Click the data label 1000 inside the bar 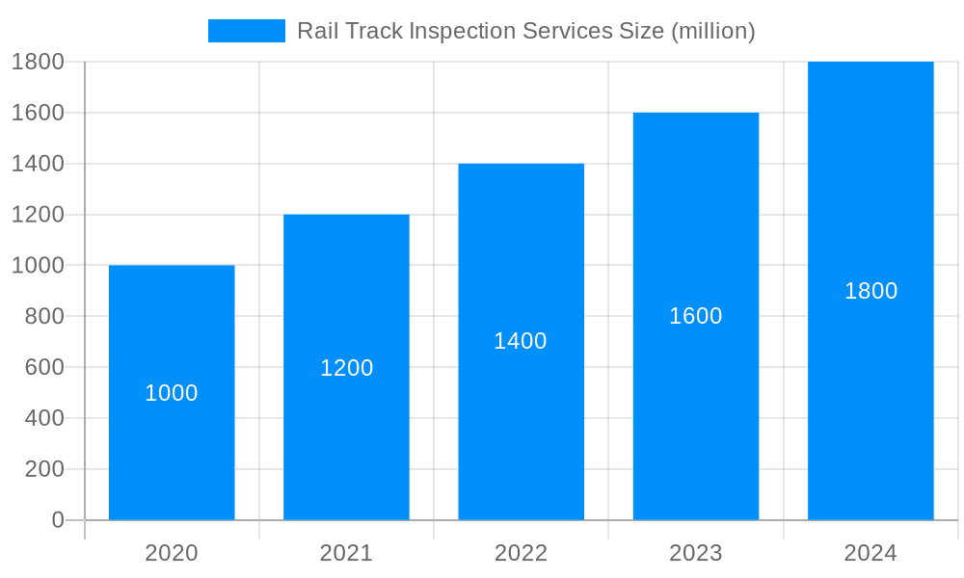pos(172,393)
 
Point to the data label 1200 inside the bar pos(346,368)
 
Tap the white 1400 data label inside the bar pos(521,341)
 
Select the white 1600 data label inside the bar pos(695,316)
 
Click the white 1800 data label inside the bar pos(870,291)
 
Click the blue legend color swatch pos(247,31)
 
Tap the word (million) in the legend pos(712,31)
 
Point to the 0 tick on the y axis pos(57,520)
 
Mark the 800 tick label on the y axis pos(38,316)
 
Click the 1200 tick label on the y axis pos(38,215)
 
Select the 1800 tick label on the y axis pos(38,62)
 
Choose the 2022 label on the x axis pos(521,553)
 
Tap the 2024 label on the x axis pos(870,553)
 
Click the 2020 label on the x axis pos(172,553)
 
